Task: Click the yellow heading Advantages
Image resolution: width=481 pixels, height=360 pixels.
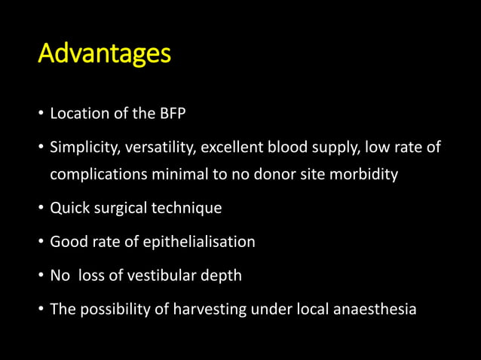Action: point(105,54)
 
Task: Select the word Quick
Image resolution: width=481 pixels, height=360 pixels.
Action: point(69,208)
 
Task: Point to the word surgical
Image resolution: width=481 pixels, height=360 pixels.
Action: point(118,208)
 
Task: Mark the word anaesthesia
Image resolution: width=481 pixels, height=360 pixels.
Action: point(374,308)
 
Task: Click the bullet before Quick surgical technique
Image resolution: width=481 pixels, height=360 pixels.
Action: point(41,208)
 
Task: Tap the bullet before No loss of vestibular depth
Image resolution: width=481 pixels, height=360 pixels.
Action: point(41,275)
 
